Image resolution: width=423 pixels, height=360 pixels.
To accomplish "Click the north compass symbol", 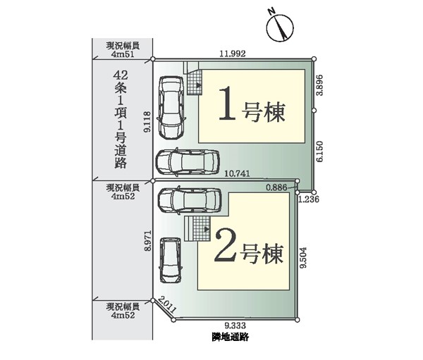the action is click(x=280, y=27).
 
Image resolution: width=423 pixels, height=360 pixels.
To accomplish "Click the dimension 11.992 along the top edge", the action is click(x=233, y=54).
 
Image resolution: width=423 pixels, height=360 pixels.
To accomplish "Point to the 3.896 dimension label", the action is click(x=320, y=85).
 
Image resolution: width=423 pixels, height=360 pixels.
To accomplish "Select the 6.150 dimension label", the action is click(x=320, y=151).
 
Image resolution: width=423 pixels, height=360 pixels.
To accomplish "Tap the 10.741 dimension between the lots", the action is click(x=238, y=174).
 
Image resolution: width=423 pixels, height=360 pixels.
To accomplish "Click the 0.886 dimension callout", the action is click(x=276, y=187).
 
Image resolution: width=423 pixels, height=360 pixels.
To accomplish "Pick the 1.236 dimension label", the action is click(x=309, y=199).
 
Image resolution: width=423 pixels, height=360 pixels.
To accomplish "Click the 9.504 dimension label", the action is click(x=304, y=258).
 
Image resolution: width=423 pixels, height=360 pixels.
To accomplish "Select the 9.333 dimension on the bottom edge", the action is click(x=235, y=325).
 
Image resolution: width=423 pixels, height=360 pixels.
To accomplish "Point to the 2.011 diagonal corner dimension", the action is click(x=167, y=304).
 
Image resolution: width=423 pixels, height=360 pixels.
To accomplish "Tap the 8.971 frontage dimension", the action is click(x=148, y=241).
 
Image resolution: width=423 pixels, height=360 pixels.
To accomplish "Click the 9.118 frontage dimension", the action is click(x=148, y=122).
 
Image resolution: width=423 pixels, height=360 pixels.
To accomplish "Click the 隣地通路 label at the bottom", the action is click(x=230, y=337).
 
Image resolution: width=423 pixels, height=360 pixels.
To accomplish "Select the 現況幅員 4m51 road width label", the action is click(x=123, y=49).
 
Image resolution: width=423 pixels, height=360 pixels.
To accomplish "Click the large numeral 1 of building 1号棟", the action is click(x=227, y=104).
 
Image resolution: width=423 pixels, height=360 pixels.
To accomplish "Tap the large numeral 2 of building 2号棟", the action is click(x=226, y=245).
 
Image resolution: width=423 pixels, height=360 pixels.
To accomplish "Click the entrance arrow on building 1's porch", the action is click(x=199, y=85).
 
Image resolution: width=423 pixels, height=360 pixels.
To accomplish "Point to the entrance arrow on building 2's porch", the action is click(x=207, y=229).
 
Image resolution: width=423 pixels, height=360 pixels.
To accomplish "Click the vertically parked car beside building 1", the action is click(x=171, y=108).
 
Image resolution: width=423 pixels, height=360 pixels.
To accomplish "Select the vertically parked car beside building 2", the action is click(x=171, y=261).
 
